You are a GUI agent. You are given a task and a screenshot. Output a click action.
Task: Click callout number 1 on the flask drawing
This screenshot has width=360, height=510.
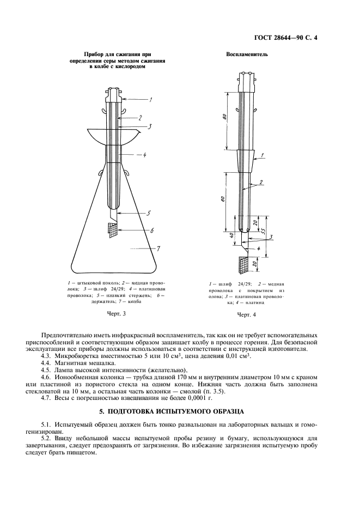[151, 99]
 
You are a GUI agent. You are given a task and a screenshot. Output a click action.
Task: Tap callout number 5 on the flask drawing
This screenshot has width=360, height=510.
[149, 213]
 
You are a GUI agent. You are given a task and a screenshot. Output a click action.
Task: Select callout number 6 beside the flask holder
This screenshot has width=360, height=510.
[152, 231]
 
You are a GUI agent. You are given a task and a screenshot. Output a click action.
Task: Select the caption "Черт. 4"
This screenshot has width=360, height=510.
[246, 315]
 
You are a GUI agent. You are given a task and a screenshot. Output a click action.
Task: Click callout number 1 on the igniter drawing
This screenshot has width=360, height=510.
[263, 156]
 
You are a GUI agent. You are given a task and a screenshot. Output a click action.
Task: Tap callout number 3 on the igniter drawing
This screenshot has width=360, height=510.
[271, 237]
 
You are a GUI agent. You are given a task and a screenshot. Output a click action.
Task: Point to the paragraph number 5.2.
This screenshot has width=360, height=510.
[48, 437]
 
